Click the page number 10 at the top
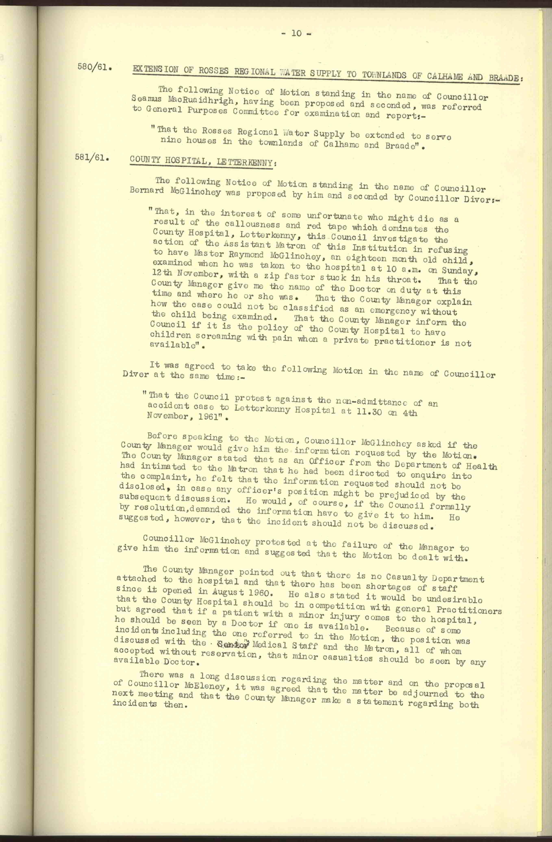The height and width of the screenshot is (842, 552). point(296,34)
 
